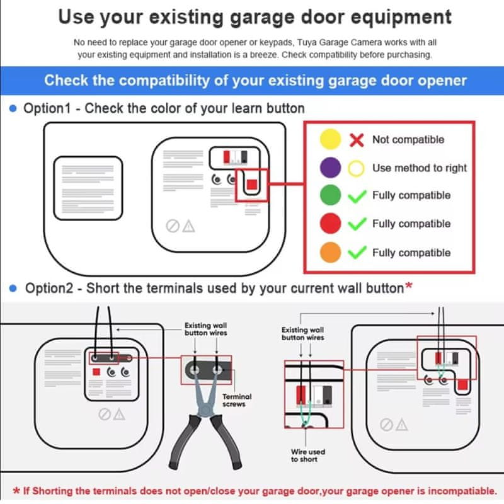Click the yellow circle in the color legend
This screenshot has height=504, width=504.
tap(330, 139)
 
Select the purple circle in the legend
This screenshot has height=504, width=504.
tap(330, 168)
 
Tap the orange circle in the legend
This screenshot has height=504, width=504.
tap(330, 253)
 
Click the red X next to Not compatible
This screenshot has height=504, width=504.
tap(357, 140)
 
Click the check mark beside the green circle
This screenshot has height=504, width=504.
tap(357, 196)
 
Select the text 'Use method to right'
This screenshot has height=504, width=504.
tap(420, 168)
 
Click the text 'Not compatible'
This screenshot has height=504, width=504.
tap(408, 139)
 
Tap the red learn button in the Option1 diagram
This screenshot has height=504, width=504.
tap(251, 185)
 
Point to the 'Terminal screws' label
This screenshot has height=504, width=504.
tap(237, 400)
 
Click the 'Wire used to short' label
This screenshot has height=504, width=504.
tap(308, 455)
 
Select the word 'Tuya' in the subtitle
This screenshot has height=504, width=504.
tap(306, 42)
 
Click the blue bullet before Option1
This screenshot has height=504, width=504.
tap(13, 108)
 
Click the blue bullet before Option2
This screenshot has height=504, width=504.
tap(13, 289)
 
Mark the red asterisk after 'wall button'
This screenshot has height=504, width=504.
tap(408, 285)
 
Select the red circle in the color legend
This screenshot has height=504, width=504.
tap(330, 223)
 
